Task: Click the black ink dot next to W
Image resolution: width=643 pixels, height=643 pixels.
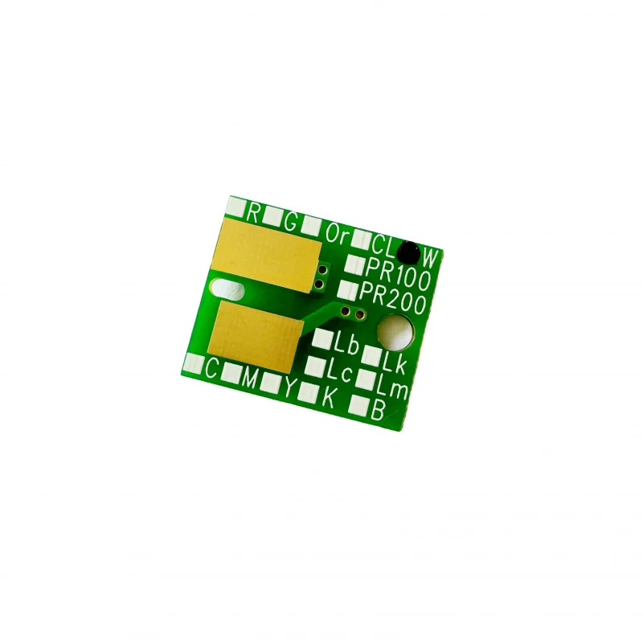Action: pyautogui.click(x=409, y=252)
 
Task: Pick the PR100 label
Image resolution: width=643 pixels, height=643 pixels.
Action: pyautogui.click(x=397, y=274)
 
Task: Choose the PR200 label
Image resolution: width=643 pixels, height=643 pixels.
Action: pyautogui.click(x=392, y=299)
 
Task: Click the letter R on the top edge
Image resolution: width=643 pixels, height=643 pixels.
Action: pyautogui.click(x=254, y=214)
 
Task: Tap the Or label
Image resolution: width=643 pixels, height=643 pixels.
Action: pyautogui.click(x=337, y=235)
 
